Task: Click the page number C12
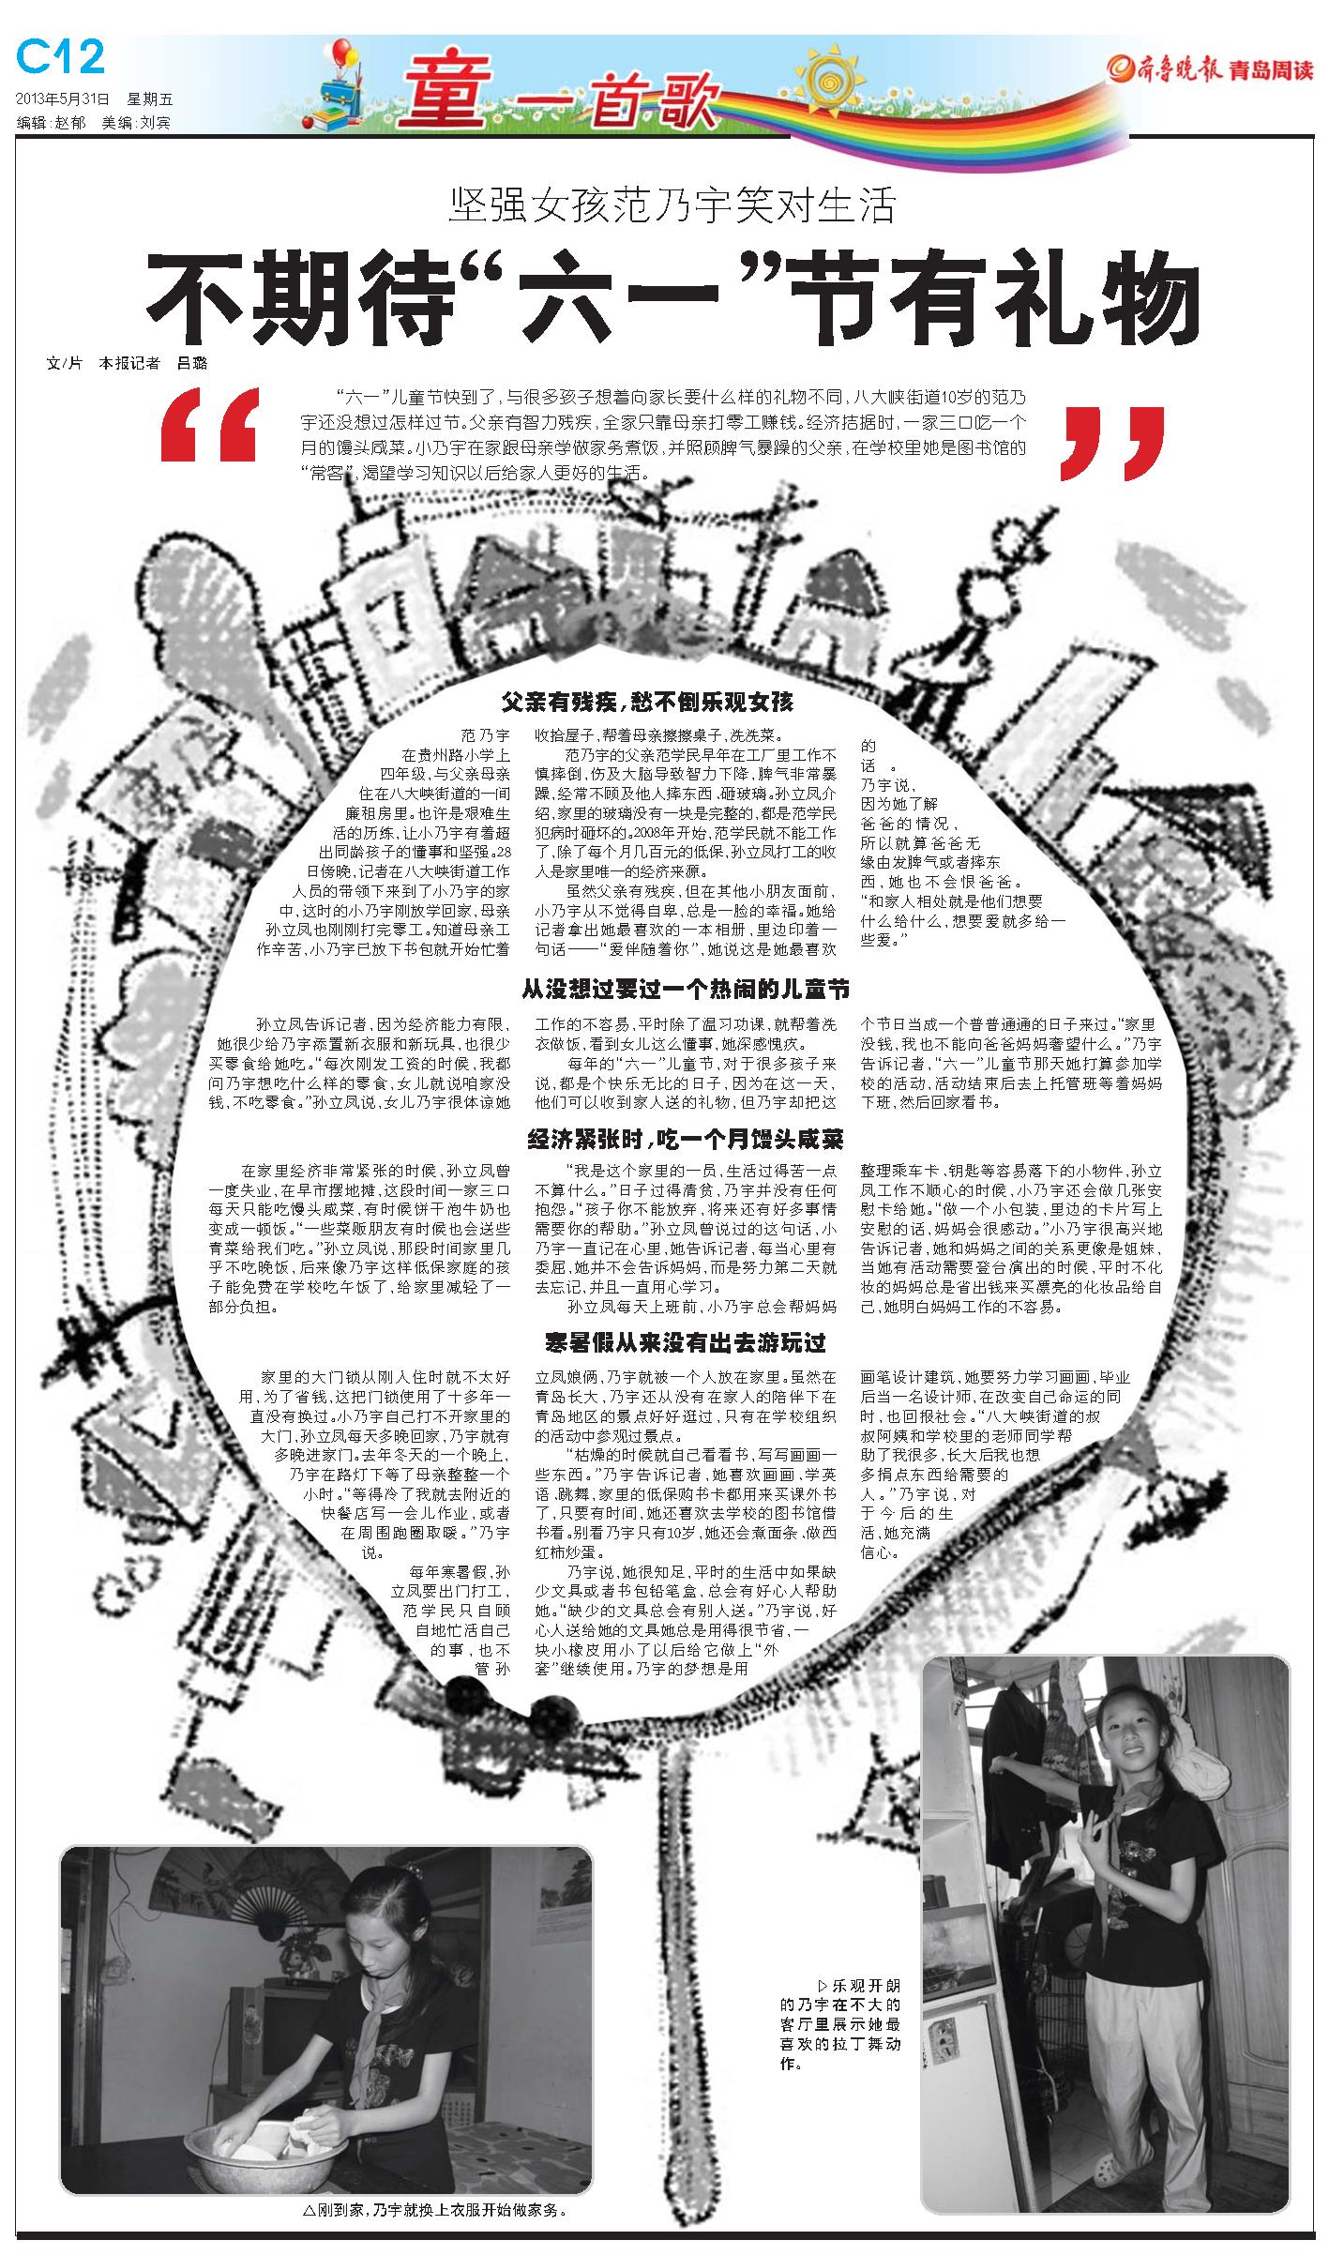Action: [61, 59]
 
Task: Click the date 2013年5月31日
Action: [63, 98]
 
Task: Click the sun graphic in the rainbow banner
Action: [831, 74]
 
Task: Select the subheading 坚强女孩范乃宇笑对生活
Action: [672, 206]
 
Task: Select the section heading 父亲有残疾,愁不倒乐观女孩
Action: [647, 701]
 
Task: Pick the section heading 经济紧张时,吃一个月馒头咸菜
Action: [685, 1139]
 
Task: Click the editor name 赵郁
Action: [69, 123]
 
